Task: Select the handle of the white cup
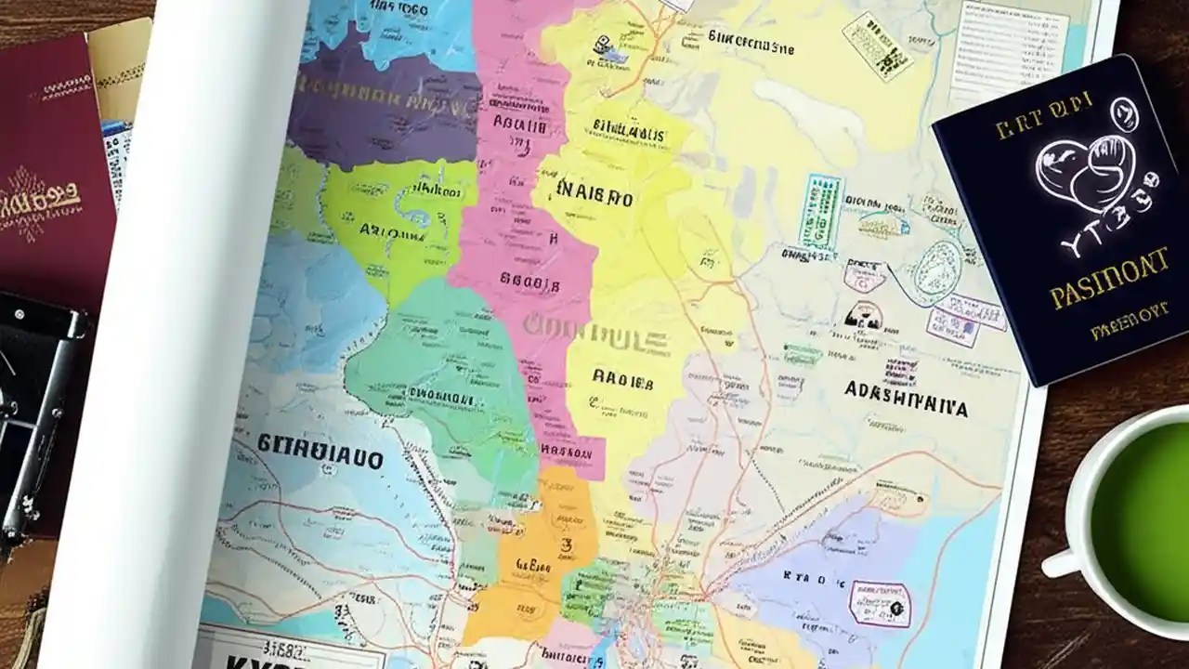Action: tap(1060, 563)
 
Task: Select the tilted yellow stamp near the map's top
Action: tap(877, 46)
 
